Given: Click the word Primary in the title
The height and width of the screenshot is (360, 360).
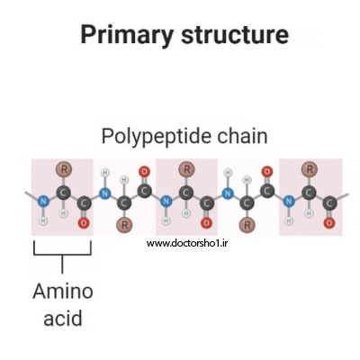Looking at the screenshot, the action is click(127, 35).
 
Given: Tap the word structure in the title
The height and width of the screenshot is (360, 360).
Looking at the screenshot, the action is click(235, 34).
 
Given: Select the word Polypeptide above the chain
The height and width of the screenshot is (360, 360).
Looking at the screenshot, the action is click(156, 137).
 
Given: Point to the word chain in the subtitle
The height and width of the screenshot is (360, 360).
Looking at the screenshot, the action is click(242, 136).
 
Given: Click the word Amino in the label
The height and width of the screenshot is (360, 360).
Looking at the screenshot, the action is click(63, 292).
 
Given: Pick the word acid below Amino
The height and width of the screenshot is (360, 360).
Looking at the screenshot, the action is click(63, 319).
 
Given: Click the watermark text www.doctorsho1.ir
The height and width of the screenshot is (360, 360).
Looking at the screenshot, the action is click(186, 243).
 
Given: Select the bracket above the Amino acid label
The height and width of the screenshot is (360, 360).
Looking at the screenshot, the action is click(62, 255).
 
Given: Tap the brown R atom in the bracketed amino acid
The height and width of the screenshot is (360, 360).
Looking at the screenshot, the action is click(64, 169).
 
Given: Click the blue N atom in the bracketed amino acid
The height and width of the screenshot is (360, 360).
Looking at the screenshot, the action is click(43, 201).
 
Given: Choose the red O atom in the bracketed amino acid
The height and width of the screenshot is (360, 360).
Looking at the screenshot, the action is click(84, 223).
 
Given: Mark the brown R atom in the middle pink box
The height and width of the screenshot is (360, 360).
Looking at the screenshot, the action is click(186, 169).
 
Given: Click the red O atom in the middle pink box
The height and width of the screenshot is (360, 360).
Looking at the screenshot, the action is click(206, 223).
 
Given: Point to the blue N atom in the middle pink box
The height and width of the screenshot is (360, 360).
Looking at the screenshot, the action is click(166, 201).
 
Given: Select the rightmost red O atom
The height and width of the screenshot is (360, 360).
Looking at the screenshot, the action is click(329, 223).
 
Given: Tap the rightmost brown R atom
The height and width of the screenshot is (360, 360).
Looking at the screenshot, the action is click(310, 169).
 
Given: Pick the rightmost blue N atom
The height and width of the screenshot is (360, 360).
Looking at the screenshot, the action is click(289, 201).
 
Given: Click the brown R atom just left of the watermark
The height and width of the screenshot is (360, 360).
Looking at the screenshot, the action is click(125, 225).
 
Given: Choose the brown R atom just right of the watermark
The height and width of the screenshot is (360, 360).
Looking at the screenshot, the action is click(247, 225).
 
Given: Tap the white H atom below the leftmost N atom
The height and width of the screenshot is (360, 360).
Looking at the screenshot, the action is click(43, 220).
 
